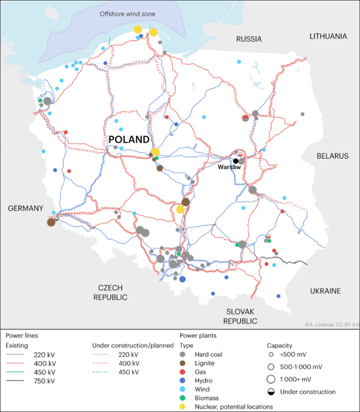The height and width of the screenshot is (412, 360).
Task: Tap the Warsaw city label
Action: (x=230, y=168)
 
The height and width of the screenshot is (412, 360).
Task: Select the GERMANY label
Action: (x=26, y=208)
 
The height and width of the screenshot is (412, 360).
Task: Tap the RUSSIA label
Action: (x=249, y=39)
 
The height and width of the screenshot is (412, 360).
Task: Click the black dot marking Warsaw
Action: (x=235, y=160)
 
